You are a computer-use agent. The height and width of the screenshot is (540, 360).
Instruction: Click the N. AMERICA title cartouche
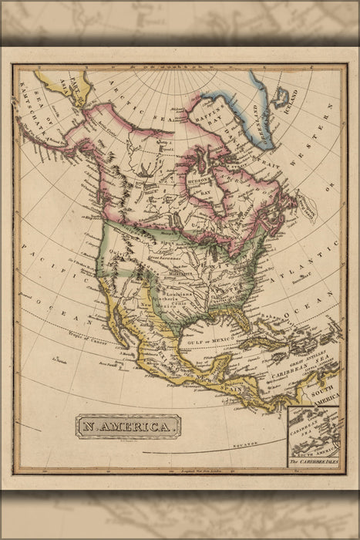[x=128, y=426]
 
